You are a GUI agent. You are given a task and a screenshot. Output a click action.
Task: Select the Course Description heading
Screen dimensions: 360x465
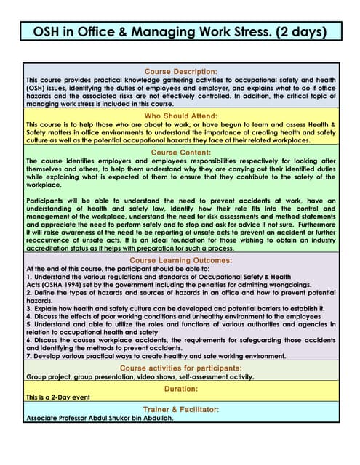(180, 72)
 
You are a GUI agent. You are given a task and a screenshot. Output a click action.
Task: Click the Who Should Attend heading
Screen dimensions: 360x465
(180, 116)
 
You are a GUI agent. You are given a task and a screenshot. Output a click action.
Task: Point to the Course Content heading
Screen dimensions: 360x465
(180, 153)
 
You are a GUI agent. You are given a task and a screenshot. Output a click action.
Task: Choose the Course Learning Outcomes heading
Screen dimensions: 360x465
(180, 259)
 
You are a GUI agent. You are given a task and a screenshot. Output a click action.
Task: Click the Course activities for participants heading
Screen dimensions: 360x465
(180, 368)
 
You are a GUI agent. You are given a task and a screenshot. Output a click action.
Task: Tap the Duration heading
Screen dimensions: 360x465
(180, 389)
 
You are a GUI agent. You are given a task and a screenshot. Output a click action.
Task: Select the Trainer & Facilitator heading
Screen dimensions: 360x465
(180, 409)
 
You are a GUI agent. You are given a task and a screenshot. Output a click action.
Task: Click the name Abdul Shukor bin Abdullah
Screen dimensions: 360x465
(129, 418)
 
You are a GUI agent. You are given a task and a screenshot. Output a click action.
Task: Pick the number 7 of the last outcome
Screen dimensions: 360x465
(28, 355)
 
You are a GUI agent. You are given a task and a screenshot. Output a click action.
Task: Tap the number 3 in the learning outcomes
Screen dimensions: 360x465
(28, 308)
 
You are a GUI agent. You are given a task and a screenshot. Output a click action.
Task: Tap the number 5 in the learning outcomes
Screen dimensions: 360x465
(28, 324)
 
